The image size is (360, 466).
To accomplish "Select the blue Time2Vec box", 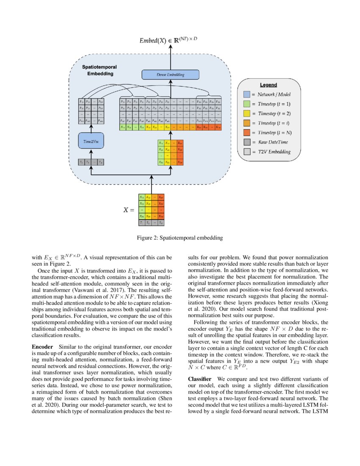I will [91, 140].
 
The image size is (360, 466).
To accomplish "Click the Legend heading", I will [268, 85].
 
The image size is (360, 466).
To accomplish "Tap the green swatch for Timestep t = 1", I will [247, 104].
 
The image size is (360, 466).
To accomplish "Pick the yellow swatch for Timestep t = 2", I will [247, 114].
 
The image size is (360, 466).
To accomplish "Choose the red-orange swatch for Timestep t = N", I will [247, 133].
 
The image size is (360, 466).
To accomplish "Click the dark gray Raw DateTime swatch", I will [247, 142].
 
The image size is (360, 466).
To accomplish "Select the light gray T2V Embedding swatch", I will [247, 152].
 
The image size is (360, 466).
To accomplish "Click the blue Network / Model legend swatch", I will [247, 94].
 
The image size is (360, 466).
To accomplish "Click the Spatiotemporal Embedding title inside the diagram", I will [100, 70].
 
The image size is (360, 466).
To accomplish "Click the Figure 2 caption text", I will [180, 238].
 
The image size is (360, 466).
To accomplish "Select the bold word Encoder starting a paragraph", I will [42, 347].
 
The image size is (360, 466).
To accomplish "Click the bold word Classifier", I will [200, 378].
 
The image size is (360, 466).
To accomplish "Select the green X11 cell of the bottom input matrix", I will [142, 197].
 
